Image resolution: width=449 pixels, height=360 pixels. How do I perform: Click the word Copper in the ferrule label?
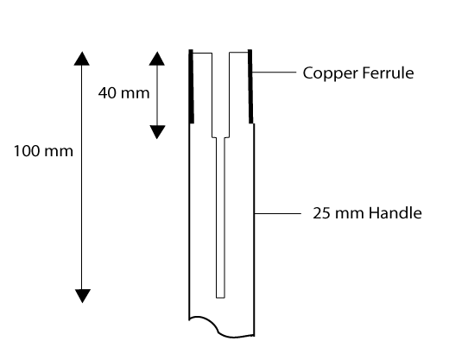[330, 73]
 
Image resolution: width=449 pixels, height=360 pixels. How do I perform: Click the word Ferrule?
[388, 73]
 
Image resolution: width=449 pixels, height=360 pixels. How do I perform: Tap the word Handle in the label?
[395, 213]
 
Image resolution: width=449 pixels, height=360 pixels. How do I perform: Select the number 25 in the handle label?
[322, 213]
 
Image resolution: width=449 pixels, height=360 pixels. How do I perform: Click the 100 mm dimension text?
[43, 151]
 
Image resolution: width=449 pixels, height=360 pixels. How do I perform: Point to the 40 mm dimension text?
[123, 93]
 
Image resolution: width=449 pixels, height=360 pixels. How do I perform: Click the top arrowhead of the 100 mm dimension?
[82, 59]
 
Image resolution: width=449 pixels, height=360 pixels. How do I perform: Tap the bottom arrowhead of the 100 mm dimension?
[83, 296]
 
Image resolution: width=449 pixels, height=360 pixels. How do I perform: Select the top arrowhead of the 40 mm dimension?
[157, 59]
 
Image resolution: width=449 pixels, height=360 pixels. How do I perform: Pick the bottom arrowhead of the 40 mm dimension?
[157, 132]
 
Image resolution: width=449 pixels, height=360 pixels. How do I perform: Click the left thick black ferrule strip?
[191, 86]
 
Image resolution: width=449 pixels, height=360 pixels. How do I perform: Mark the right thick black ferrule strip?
[250, 86]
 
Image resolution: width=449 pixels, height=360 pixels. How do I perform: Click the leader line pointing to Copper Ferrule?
[274, 72]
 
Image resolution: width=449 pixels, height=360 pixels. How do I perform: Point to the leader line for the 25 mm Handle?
[277, 213]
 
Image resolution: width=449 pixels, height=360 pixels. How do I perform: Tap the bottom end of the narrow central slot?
[220, 298]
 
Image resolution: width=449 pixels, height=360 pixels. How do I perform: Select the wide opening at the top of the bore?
[221, 54]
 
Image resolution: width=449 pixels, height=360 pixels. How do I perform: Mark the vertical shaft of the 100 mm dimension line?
[82, 177]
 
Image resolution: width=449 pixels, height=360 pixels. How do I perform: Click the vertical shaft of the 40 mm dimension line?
[157, 96]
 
